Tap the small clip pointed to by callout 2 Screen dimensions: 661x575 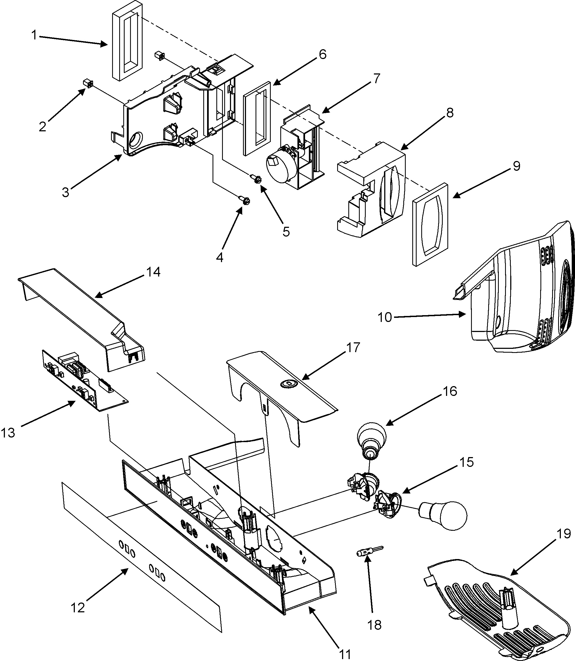pos(88,84)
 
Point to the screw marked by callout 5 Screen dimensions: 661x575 pos(256,179)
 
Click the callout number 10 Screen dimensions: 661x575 pos(385,317)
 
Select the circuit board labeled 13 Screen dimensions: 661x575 pos(84,380)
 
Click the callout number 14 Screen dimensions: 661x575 pos(153,272)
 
